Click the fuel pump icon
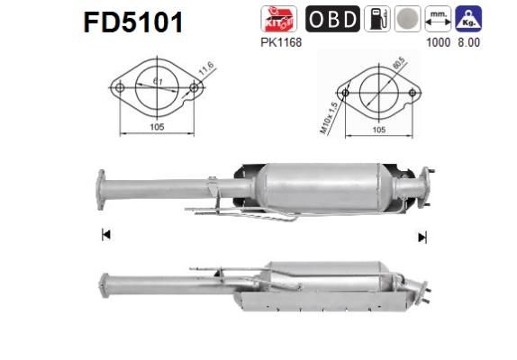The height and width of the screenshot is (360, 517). (376, 19)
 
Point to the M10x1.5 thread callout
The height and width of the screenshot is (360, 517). (328, 116)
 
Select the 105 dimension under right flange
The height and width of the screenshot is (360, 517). (378, 130)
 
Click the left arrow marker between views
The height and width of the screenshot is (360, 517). (106, 236)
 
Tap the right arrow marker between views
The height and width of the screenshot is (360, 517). (421, 237)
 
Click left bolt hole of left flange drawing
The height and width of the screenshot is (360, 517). (120, 88)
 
